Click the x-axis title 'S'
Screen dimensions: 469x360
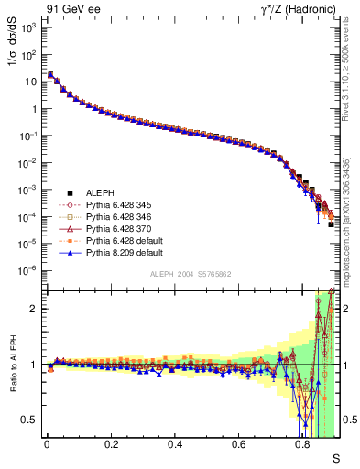pyautogui.click(x=334, y=457)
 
